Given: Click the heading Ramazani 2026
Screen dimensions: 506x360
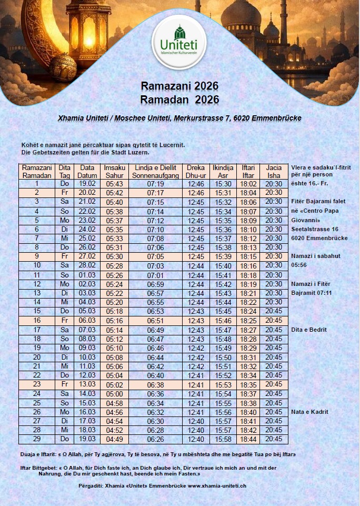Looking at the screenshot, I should coord(179,86).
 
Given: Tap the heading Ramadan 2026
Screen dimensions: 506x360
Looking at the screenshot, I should coord(179,100).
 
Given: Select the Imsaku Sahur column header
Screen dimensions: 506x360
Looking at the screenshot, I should coord(114,172).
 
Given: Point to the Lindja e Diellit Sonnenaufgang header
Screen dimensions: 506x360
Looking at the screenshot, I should coord(155,172).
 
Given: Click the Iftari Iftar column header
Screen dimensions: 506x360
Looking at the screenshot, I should coord(248,172).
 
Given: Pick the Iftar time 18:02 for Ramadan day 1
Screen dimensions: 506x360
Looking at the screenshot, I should coord(248,184).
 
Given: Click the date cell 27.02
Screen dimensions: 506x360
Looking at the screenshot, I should coord(87,256).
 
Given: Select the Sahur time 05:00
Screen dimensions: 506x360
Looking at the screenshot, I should coord(114,393).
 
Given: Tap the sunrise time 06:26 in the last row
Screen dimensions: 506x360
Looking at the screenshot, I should coord(155,439).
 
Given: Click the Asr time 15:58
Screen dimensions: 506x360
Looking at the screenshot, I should coord(223,439).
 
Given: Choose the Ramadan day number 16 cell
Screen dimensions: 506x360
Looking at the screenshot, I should coord(37,320).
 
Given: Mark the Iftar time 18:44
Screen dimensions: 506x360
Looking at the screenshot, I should coord(248,439).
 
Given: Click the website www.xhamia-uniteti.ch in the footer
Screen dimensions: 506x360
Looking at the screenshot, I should coord(217,485).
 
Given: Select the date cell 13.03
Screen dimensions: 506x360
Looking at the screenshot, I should coord(87,384).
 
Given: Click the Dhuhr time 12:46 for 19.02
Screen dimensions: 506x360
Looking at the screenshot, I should coord(196,184).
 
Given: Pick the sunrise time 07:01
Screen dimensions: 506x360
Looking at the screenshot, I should coord(155,275).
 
